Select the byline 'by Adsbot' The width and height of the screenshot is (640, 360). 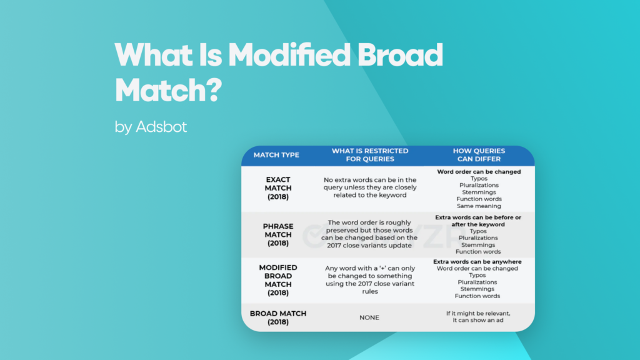point(151,127)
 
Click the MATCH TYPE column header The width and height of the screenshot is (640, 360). point(276,155)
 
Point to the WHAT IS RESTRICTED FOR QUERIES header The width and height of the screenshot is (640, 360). point(369,155)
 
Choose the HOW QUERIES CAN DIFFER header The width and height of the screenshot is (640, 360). point(479,155)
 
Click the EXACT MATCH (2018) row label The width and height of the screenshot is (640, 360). point(277,188)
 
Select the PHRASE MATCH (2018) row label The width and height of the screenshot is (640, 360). point(277,234)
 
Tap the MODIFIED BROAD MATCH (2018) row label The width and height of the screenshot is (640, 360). point(277,280)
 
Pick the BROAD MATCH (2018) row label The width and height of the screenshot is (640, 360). point(277,317)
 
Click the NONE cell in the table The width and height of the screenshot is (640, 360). point(369,317)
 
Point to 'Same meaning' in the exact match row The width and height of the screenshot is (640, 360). point(479,206)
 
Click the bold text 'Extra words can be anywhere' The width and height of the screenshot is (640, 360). point(479,262)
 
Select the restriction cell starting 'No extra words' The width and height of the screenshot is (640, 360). point(369,187)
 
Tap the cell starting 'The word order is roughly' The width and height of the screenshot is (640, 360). point(369,234)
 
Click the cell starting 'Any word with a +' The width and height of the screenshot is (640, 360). point(369,280)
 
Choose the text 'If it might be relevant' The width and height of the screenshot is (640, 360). point(479,312)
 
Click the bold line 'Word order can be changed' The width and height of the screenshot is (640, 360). point(479,172)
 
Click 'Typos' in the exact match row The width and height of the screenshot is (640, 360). point(479,179)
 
